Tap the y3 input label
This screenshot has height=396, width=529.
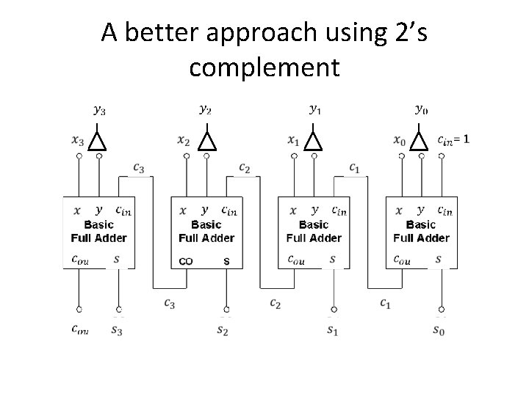click(x=98, y=111)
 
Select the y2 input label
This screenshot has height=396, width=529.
click(x=206, y=110)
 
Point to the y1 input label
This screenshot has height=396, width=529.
click(x=314, y=110)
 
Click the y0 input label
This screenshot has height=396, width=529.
click(x=421, y=110)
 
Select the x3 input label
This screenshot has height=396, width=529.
click(x=79, y=139)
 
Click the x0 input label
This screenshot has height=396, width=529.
click(x=400, y=139)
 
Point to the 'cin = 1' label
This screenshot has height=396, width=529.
click(x=453, y=139)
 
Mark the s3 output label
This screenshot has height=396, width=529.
click(x=118, y=330)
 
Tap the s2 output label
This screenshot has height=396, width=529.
click(x=223, y=330)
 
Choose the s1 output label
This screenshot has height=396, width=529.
click(x=332, y=330)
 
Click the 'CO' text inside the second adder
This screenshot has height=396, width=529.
click(x=187, y=261)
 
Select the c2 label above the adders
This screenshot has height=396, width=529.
click(x=245, y=169)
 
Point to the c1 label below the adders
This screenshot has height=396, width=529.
click(x=385, y=302)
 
